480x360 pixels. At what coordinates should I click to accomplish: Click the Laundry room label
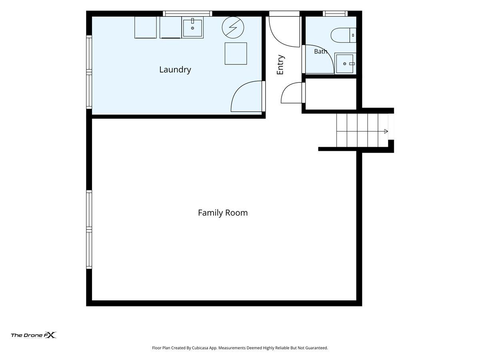(x=175, y=70)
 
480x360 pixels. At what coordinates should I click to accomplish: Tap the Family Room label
(x=223, y=213)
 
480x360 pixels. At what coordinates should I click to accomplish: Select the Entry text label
(x=280, y=65)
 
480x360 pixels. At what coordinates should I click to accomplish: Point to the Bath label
(x=320, y=51)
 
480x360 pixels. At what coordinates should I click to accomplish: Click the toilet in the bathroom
(x=343, y=35)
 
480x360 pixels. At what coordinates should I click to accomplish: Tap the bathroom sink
(x=345, y=63)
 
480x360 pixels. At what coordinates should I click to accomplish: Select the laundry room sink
(x=192, y=27)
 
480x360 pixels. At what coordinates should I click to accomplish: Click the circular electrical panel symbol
(x=233, y=28)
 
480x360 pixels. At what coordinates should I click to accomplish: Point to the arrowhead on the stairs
(x=386, y=131)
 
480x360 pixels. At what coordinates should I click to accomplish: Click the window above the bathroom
(x=335, y=14)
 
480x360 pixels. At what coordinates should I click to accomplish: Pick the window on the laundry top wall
(x=188, y=14)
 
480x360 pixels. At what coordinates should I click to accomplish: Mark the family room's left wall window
(x=89, y=230)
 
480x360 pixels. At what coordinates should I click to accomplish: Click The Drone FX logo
(x=34, y=335)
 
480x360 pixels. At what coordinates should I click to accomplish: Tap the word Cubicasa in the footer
(x=200, y=348)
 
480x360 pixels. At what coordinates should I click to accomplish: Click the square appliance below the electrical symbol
(x=236, y=54)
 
